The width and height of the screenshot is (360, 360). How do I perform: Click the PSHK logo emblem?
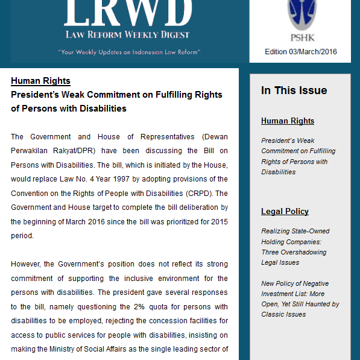pyautogui.click(x=300, y=16)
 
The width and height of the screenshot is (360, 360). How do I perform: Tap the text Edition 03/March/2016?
pyautogui.click(x=300, y=52)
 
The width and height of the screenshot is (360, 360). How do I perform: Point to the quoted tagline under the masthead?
pyautogui.click(x=129, y=52)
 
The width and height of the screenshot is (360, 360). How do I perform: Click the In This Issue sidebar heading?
pyautogui.click(x=294, y=90)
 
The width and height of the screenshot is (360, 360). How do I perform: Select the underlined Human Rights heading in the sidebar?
pyautogui.click(x=287, y=121)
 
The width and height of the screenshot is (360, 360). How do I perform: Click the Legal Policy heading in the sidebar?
pyautogui.click(x=285, y=212)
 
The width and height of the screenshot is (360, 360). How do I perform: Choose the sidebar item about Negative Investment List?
pyautogui.click(x=300, y=298)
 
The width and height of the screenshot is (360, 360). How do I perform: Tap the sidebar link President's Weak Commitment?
pyautogui.click(x=298, y=156)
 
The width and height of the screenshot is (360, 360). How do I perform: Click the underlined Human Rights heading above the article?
pyautogui.click(x=40, y=81)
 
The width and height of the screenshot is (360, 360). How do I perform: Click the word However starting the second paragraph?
pyautogui.click(x=26, y=264)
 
